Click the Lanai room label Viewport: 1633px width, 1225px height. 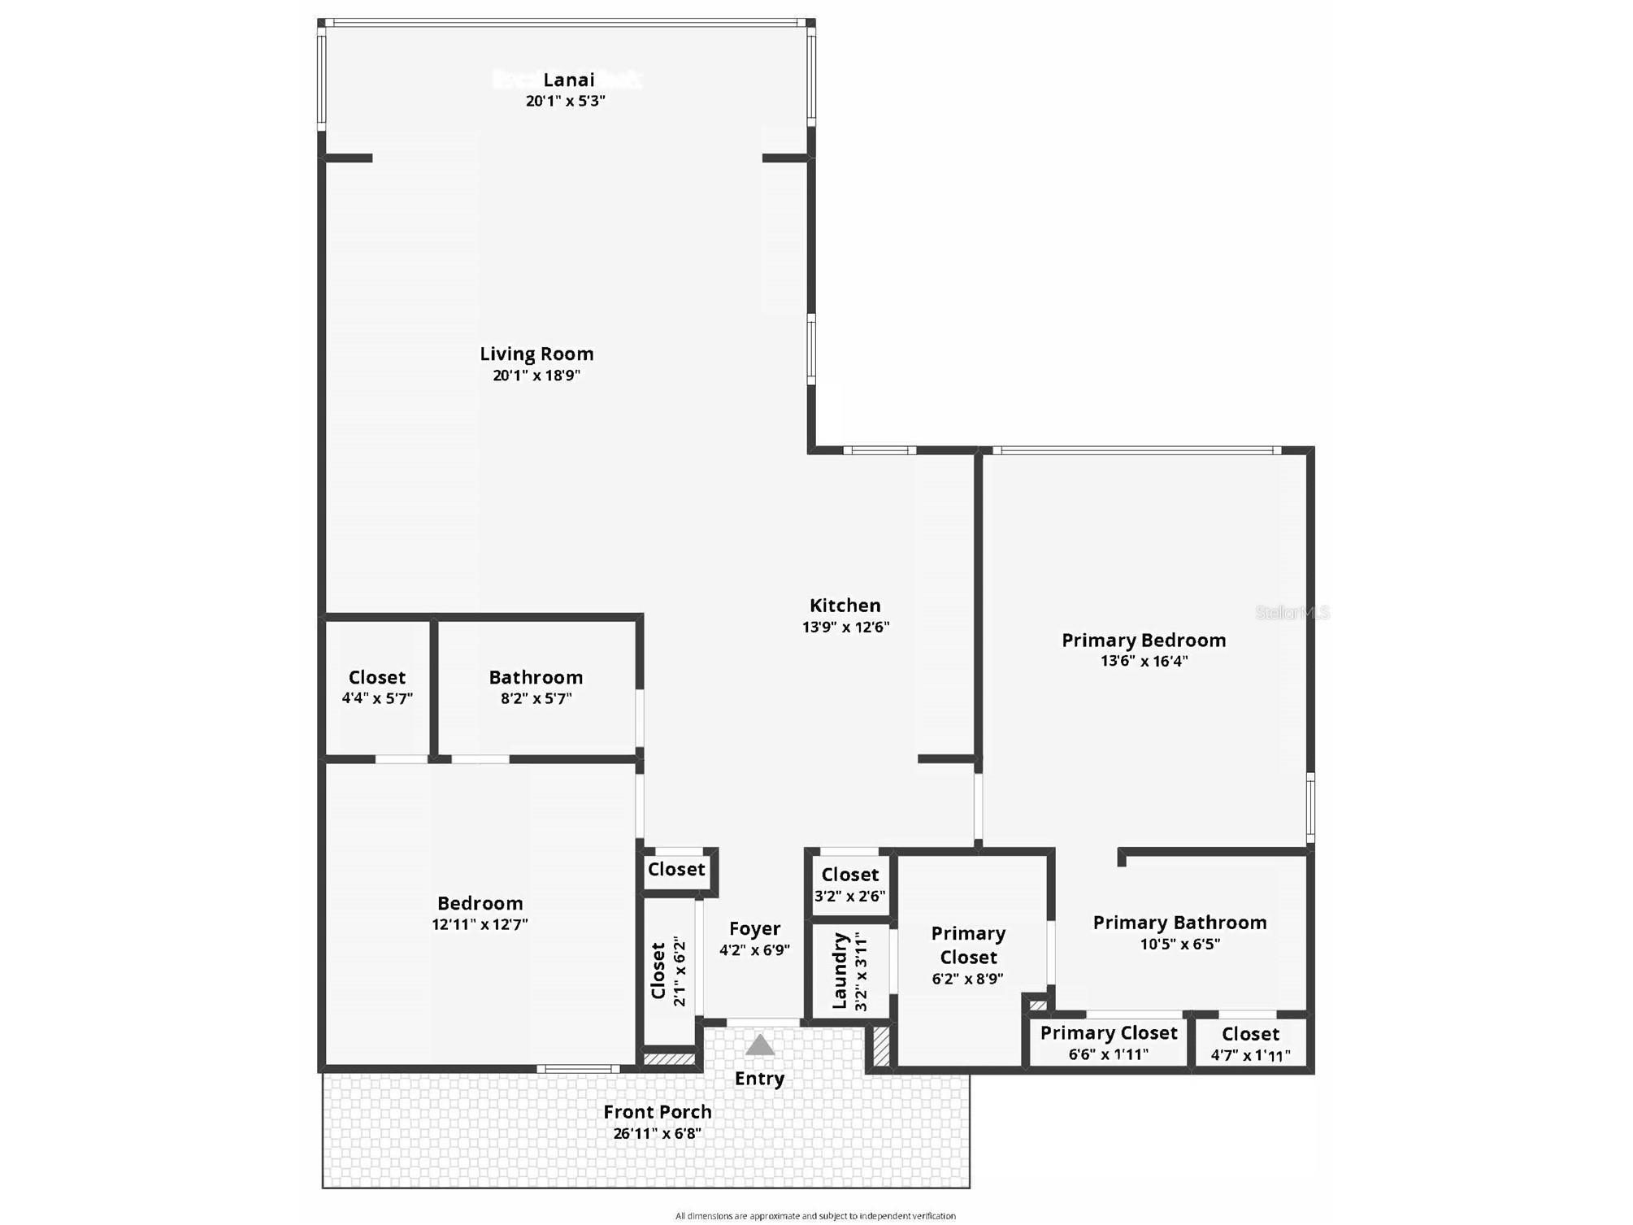[x=568, y=80]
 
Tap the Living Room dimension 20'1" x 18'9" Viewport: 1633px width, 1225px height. [x=536, y=376]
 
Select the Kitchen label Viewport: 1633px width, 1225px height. [x=845, y=606]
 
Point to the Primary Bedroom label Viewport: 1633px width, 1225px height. [x=1144, y=641]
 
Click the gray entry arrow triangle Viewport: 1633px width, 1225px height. [x=759, y=1045]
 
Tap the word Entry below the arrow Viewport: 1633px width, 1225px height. [x=759, y=1079]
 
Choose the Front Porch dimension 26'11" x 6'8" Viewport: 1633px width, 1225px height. [x=657, y=1134]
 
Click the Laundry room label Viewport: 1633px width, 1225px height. [x=840, y=971]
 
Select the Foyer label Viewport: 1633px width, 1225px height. [x=754, y=928]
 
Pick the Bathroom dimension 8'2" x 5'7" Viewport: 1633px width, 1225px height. [x=536, y=699]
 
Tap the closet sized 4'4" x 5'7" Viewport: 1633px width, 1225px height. [x=377, y=687]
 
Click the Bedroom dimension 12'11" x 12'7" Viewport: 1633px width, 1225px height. [x=480, y=924]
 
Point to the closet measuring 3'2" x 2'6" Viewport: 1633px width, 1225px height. [x=849, y=884]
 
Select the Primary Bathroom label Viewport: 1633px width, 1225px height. [x=1179, y=923]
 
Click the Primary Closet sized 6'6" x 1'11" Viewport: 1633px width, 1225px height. [x=1109, y=1043]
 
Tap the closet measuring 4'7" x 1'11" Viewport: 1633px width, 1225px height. [x=1250, y=1045]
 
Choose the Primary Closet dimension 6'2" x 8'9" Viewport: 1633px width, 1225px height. [x=967, y=980]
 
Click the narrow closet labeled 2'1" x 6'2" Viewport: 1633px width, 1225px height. [x=669, y=971]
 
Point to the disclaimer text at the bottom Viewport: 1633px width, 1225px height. [x=815, y=1216]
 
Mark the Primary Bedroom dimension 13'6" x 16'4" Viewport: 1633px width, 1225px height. [x=1144, y=662]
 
